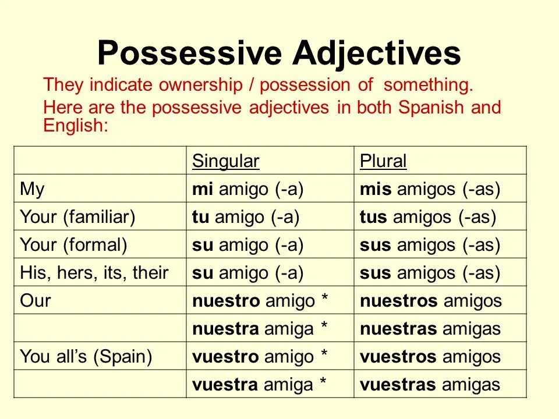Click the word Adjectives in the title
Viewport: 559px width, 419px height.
point(377,54)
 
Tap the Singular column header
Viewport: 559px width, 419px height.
point(225,161)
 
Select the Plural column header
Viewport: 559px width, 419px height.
point(383,161)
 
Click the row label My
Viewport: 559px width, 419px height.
point(33,189)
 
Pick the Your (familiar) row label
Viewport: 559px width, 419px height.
point(77,217)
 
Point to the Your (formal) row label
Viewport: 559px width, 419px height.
point(73,245)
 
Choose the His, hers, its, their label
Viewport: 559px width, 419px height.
point(94,273)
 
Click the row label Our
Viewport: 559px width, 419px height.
point(36,301)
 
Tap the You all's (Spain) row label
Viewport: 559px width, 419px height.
point(86,357)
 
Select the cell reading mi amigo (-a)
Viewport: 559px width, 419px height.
point(248,189)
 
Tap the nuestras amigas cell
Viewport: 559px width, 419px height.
point(430,329)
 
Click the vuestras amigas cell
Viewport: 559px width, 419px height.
point(430,385)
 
